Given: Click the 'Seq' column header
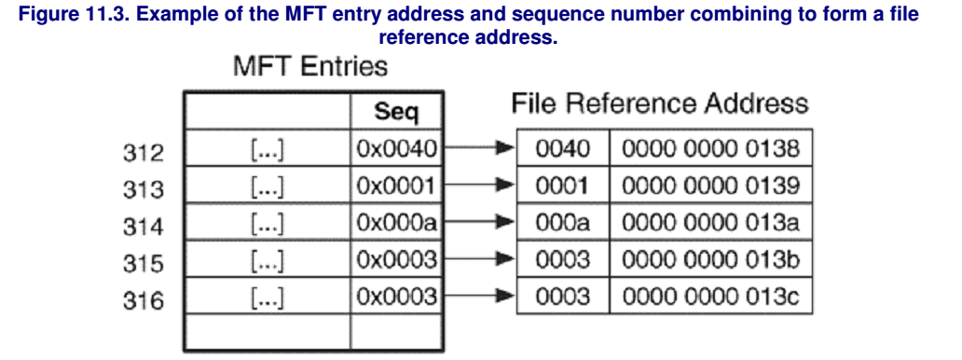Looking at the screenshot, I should (396, 114).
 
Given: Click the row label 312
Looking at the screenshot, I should (143, 152).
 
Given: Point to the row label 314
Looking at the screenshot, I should (143, 227).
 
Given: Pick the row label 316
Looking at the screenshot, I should (143, 300).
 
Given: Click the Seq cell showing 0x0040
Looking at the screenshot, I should (396, 149).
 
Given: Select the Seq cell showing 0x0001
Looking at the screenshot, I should (396, 186).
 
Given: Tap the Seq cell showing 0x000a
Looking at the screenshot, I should (396, 223).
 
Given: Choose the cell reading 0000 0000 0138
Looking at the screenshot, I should (710, 149).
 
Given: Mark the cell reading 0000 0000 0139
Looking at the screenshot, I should (710, 186).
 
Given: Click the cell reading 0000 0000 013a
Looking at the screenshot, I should (710, 223).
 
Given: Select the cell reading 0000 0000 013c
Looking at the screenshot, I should (710, 297).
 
